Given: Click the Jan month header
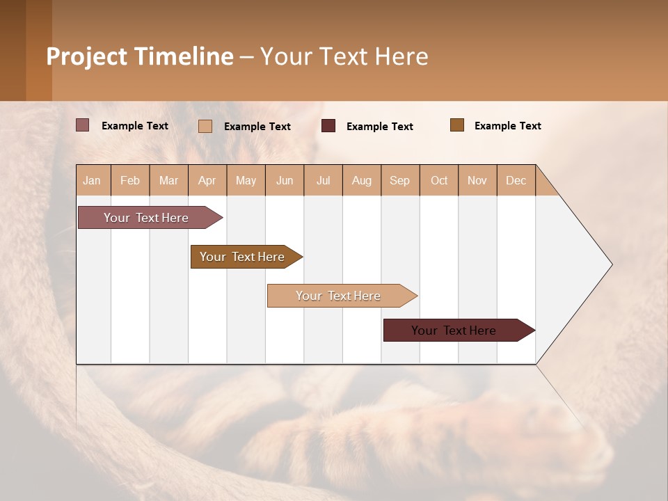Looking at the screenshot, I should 93,180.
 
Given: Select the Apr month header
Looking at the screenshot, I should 207,180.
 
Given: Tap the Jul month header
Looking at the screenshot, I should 323,180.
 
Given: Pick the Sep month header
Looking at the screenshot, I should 400,180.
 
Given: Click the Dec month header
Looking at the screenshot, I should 516,180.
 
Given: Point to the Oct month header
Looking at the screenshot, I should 439,180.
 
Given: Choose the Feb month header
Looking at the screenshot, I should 130,180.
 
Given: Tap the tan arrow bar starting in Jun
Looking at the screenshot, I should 339,296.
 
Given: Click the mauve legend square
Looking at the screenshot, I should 82,125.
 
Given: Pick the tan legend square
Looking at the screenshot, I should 205,126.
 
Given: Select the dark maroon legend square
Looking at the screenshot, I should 328,125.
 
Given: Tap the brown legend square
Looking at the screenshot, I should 456,125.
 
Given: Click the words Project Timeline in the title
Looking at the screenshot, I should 139,56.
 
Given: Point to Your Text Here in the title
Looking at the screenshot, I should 344,56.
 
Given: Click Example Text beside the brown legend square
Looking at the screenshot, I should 507,125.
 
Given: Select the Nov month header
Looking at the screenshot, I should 477,180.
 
